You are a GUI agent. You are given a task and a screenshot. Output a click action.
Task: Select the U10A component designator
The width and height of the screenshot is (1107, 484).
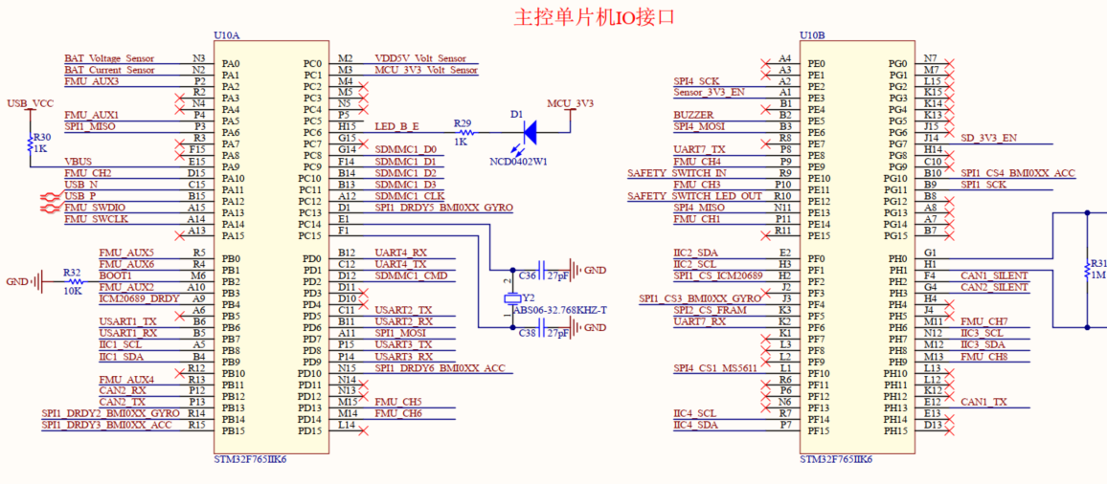pyautogui.click(x=227, y=35)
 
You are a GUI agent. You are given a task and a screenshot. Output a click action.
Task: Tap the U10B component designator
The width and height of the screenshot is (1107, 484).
pyautogui.click(x=812, y=35)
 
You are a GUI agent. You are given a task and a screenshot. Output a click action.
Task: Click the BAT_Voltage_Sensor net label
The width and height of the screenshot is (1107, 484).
pyautogui.click(x=108, y=59)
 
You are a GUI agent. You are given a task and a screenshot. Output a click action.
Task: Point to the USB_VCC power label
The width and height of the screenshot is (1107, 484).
pyautogui.click(x=30, y=102)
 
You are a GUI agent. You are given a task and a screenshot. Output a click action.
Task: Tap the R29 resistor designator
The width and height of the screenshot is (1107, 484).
pyautogui.click(x=463, y=122)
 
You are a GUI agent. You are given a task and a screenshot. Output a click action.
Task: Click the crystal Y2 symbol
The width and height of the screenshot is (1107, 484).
pyautogui.click(x=511, y=298)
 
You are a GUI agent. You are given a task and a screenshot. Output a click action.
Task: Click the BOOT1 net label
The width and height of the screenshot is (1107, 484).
pyautogui.click(x=116, y=275)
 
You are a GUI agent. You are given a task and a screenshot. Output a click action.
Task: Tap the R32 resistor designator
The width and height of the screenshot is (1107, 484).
pyautogui.click(x=72, y=273)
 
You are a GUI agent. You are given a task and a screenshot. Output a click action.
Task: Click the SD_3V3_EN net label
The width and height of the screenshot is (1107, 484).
pyautogui.click(x=988, y=139)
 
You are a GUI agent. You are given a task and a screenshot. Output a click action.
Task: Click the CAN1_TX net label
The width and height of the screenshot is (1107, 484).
pyautogui.click(x=983, y=403)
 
